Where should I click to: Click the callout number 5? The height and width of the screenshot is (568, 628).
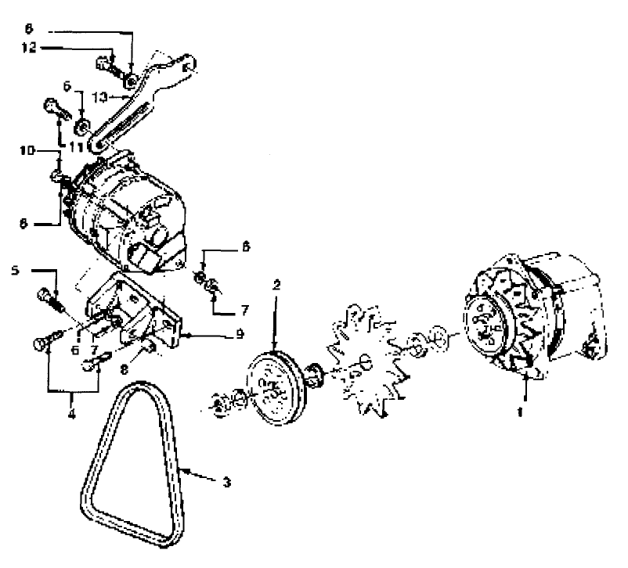tap(16, 271)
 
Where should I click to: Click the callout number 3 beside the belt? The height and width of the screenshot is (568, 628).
tap(226, 482)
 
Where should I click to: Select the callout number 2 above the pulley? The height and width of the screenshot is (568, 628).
tap(276, 284)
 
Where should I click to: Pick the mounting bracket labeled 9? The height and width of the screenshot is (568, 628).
tap(137, 313)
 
